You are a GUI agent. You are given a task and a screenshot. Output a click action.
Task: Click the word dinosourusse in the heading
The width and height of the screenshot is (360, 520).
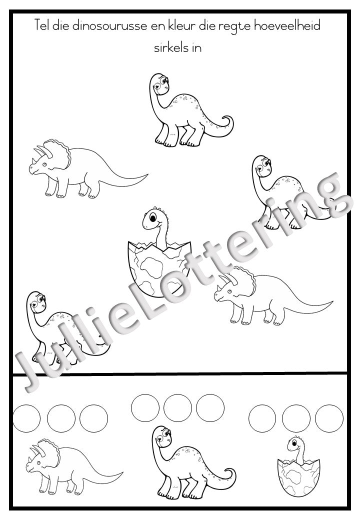pos(109,26)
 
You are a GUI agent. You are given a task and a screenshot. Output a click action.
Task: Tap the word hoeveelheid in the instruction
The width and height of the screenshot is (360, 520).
pos(287,26)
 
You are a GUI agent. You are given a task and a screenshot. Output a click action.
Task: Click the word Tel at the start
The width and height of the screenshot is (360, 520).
pos(41,25)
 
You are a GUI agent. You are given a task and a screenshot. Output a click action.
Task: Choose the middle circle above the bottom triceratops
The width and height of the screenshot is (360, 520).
pos(61,418)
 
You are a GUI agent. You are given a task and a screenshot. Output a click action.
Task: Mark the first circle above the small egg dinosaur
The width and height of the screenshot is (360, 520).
pos(262,418)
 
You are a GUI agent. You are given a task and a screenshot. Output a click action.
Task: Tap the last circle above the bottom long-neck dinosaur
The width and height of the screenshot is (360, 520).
pos(210,408)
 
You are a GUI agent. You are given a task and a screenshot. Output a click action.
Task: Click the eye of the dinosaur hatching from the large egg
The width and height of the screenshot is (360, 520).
pos(153,217)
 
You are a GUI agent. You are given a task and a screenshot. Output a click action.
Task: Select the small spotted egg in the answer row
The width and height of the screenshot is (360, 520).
pos(298,478)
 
